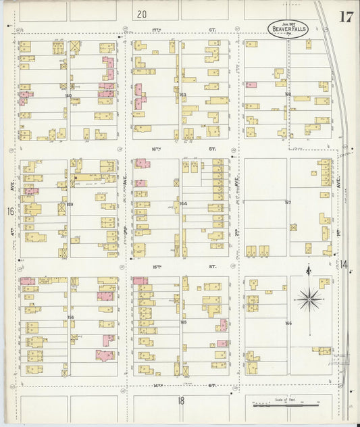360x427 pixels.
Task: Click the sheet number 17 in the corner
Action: point(345,17)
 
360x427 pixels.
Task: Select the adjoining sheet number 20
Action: point(140,14)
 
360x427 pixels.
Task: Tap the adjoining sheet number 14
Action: point(344,264)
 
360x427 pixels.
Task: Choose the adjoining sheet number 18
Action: point(180,401)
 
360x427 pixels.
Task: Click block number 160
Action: point(68,96)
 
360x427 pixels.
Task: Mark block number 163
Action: point(182,95)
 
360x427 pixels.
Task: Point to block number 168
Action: point(288,95)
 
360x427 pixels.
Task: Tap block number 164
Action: point(182,203)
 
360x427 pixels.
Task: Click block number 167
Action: point(288,203)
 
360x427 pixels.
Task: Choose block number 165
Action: point(183,322)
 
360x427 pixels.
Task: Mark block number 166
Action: point(288,323)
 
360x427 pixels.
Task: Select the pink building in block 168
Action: point(251,85)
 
